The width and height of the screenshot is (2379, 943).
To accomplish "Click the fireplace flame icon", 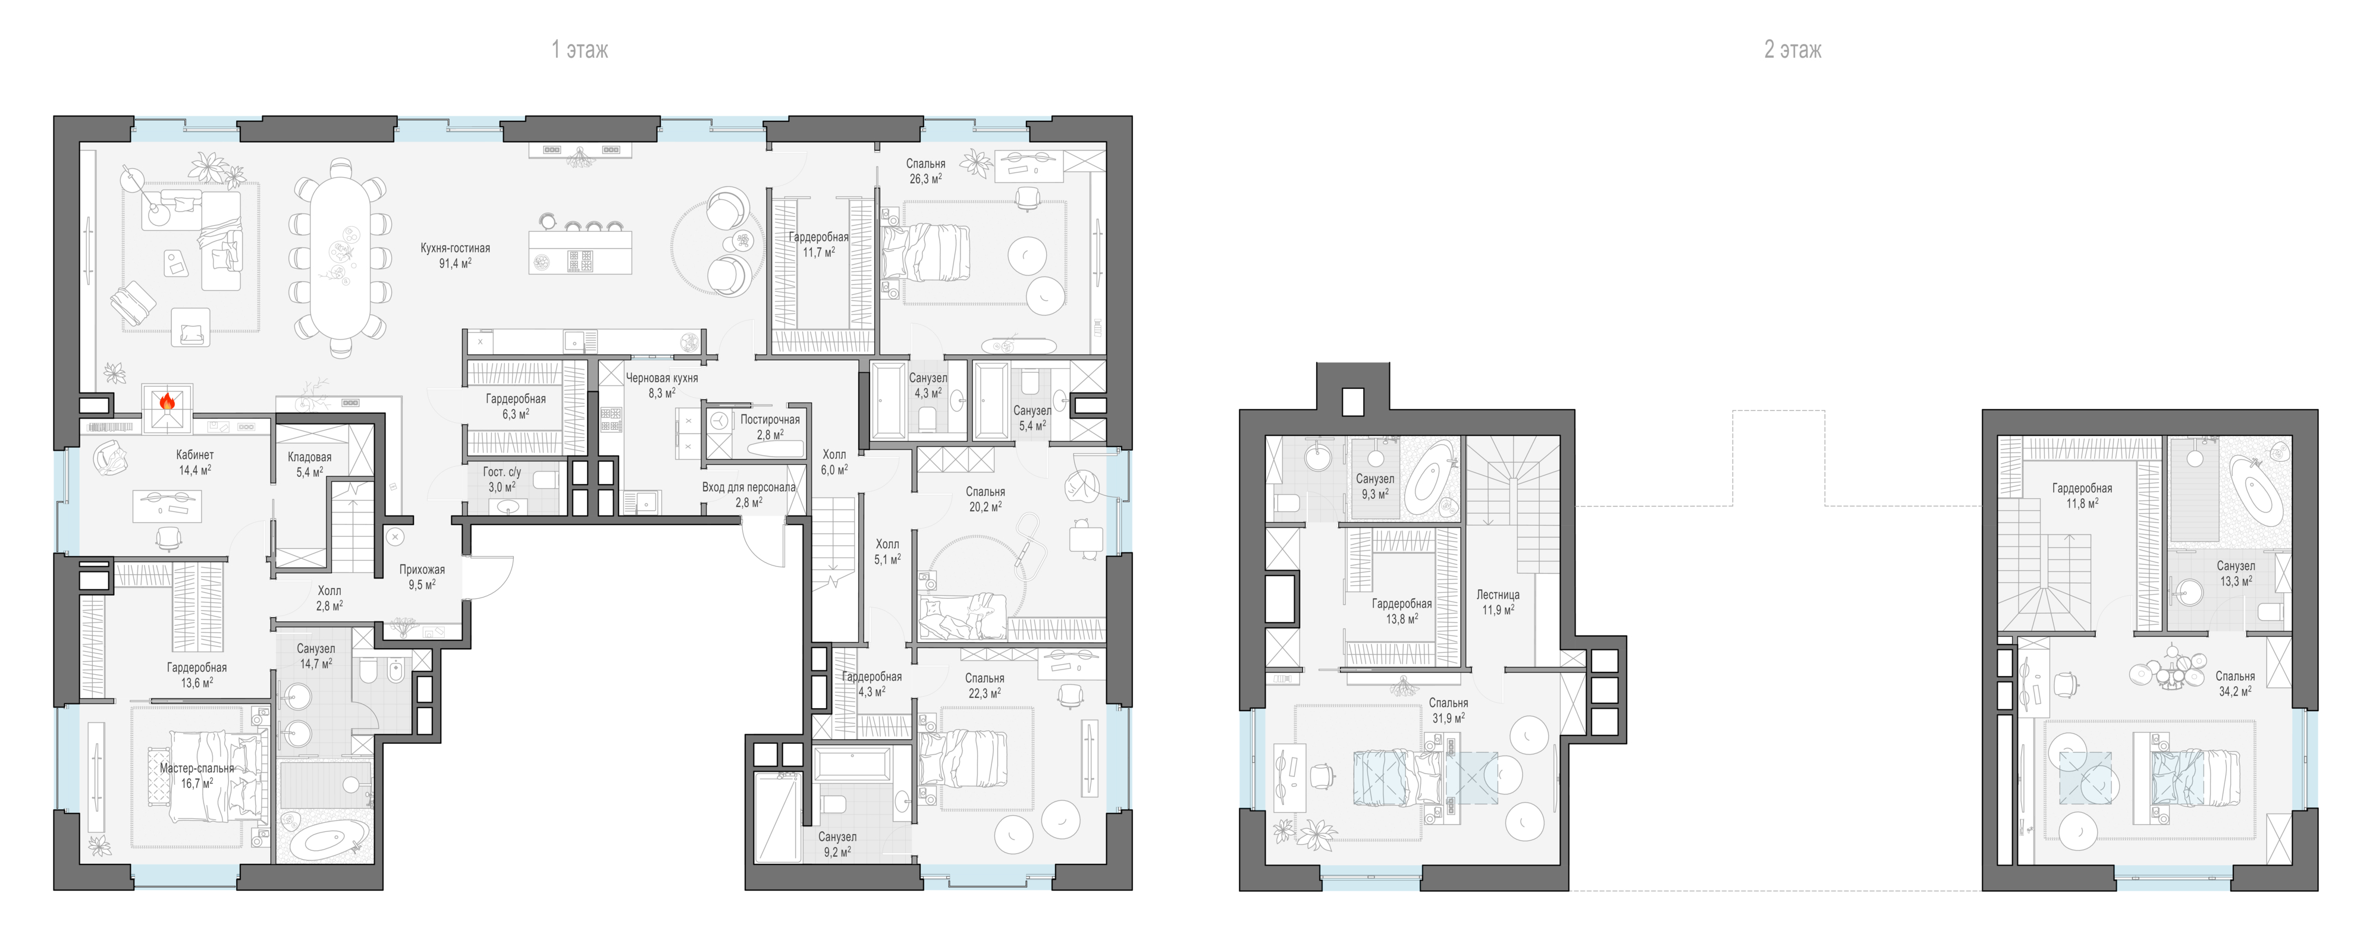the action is click(x=167, y=401).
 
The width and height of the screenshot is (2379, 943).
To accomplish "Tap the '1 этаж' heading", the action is click(x=580, y=50).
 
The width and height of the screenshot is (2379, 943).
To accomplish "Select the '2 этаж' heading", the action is click(x=1793, y=50).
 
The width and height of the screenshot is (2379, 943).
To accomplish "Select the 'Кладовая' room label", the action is click(x=309, y=457).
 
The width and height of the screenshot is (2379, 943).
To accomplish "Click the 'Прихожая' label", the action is click(x=422, y=570).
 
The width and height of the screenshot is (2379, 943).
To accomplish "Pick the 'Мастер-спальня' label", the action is click(x=197, y=768).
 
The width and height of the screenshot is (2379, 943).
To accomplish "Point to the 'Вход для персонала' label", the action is click(x=749, y=488).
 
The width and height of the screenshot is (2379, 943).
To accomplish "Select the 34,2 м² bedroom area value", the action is click(x=2236, y=691).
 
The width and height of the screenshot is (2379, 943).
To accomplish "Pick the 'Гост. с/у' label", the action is click(x=501, y=472).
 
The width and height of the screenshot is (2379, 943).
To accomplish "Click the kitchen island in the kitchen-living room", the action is click(x=580, y=252).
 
